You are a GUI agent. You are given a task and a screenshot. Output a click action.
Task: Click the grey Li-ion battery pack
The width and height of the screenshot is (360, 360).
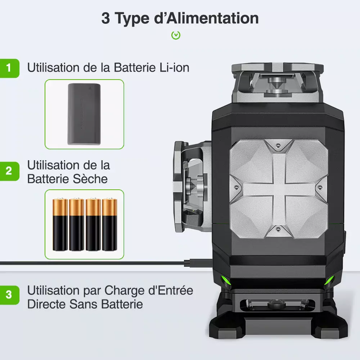click(x=84, y=114)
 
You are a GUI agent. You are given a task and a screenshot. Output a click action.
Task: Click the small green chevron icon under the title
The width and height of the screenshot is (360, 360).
click(x=176, y=35)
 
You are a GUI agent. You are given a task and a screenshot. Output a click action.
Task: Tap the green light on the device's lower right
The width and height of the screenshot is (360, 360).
click(x=330, y=280)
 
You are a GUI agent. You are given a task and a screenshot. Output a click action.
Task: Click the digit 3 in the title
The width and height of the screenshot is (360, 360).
click(x=105, y=18)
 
